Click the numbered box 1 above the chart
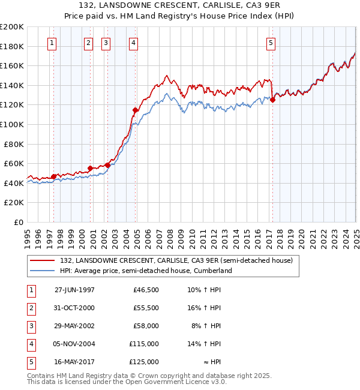coord(53,43)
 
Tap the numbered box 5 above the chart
coord(271,43)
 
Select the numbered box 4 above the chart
coord(133,43)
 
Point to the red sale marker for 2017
coord(272,100)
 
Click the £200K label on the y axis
coord(12,27)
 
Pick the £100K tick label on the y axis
coord(12,124)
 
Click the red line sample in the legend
coord(43,260)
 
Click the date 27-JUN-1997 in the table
coord(74,290)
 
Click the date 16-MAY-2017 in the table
coord(74,362)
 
